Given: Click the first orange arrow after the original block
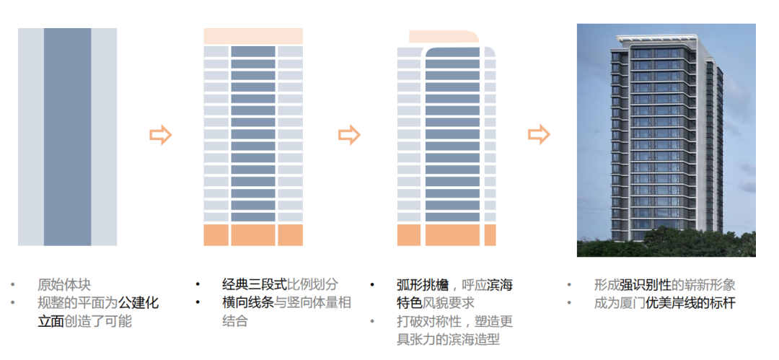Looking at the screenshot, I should pos(160,134).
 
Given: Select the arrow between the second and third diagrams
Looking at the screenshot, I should pos(349,134).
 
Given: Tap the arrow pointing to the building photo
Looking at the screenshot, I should pos(539,134).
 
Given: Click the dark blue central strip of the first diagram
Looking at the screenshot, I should pos(67,137).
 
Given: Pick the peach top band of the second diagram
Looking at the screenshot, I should pos(252,36).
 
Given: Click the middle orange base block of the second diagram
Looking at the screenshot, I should pos(252,235).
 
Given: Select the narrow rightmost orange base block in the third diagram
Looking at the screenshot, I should pos(490,235).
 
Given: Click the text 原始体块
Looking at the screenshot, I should pos(64,285).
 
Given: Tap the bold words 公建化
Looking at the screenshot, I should pos(138,303).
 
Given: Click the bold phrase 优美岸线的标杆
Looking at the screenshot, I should pos(691,303).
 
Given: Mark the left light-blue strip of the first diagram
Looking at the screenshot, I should pos(30,137).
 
